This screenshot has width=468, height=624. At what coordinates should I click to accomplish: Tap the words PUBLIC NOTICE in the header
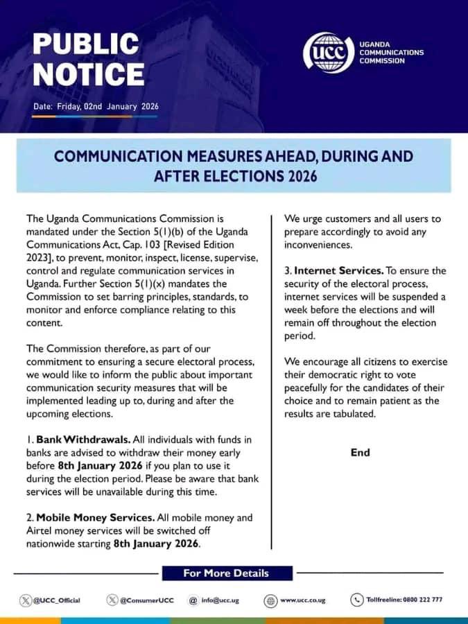tap(89, 59)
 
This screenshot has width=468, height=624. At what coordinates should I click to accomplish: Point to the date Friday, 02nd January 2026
tap(96, 106)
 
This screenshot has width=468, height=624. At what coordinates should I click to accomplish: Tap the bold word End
tap(361, 452)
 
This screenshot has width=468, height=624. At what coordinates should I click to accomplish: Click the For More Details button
tap(225, 573)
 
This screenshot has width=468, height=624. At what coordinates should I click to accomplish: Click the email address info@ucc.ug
tap(220, 600)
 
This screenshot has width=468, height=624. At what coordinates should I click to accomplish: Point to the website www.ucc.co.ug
tap(303, 600)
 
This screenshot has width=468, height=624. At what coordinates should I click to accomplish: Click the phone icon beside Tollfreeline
tap(357, 600)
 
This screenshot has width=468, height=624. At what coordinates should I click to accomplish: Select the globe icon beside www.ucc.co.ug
tap(270, 600)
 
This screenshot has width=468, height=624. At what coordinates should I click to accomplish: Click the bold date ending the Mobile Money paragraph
tap(156, 544)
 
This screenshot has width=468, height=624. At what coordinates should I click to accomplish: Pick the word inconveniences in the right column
tap(320, 245)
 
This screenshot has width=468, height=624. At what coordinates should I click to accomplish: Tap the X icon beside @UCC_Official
tap(26, 600)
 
